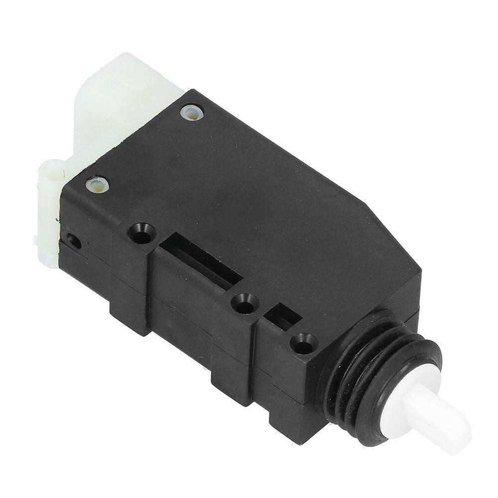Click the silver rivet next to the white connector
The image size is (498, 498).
[192, 112]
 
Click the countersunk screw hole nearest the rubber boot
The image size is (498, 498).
[303, 344]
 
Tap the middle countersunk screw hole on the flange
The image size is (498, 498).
[245, 303]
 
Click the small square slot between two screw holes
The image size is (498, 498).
[282, 316]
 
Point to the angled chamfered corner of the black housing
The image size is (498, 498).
[393, 234]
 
